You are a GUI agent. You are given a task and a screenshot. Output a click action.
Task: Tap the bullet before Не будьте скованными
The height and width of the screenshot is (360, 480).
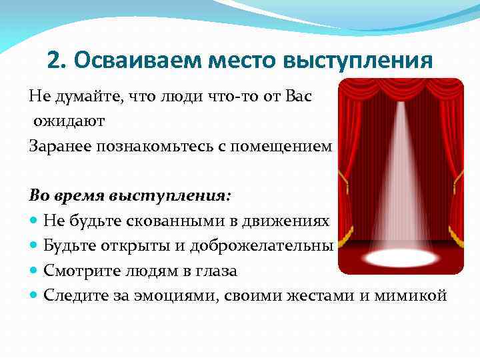(34, 221)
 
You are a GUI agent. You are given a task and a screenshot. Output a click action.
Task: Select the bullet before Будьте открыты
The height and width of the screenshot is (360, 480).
(34, 247)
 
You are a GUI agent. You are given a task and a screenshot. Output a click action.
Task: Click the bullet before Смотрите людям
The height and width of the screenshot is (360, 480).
(34, 272)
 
